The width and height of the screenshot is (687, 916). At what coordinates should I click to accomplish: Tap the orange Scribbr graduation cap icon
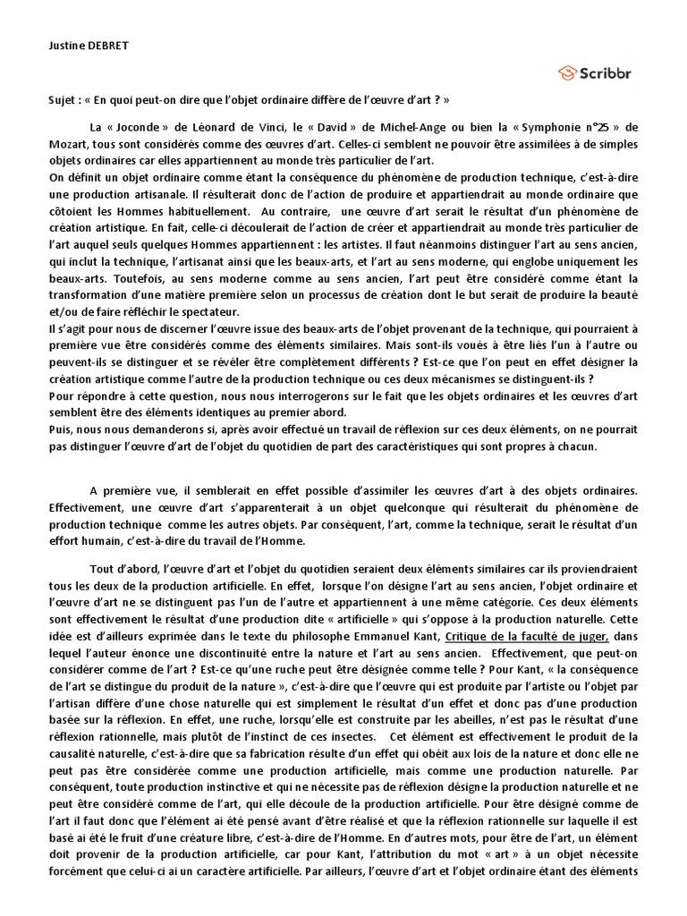tap(566, 72)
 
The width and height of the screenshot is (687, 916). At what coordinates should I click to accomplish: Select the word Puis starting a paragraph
tap(61, 429)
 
